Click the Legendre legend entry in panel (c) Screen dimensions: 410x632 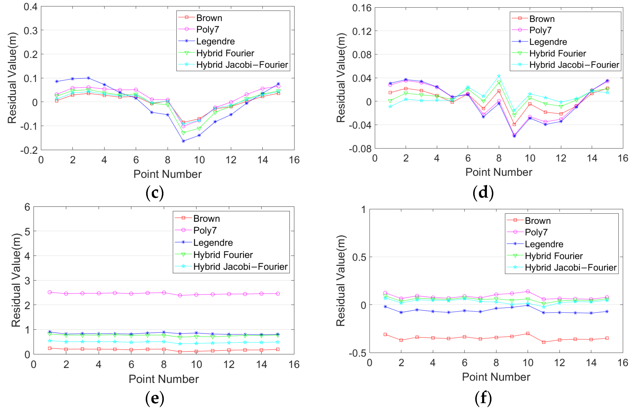pos(215,41)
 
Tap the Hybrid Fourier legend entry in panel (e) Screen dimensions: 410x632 pos(223,255)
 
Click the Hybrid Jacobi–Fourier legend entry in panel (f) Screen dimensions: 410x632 pos(570,267)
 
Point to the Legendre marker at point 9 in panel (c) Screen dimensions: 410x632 pos(183,141)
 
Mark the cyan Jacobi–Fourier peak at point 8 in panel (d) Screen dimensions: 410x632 pos(499,76)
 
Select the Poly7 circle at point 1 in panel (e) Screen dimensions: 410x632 pos(50,292)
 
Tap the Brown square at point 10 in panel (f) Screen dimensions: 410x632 pos(528,333)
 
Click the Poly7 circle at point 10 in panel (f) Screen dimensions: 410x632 pos(528,291)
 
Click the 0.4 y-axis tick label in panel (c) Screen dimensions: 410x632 pos(31,7)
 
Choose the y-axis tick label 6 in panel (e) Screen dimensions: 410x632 pos(27,207)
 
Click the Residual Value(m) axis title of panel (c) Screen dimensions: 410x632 pos(12,78)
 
